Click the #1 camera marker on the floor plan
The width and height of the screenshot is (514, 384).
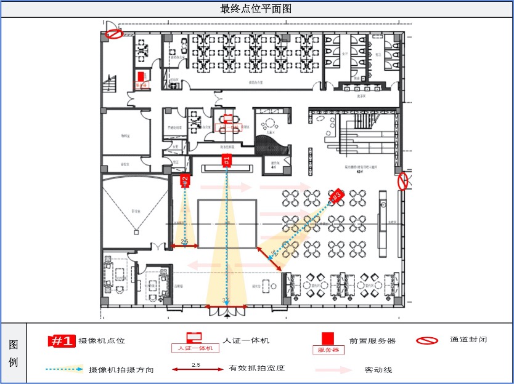pos(227,161)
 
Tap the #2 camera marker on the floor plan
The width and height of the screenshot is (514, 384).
pos(184,180)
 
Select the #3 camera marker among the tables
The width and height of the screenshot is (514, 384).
pos(336,196)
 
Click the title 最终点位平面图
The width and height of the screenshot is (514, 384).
pos(256,9)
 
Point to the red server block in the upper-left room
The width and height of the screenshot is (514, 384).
pos(141,76)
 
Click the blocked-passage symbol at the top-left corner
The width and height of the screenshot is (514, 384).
pos(113,33)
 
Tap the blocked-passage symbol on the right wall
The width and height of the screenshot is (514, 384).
pos(402,181)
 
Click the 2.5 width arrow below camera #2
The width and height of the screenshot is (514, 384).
pos(185,246)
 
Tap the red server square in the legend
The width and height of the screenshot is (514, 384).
pos(328,338)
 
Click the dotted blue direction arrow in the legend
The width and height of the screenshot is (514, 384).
pos(64,370)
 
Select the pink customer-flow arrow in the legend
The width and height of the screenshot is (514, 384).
pos(333,370)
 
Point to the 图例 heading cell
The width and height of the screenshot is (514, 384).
pos(14,353)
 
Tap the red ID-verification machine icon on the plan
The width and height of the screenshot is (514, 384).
pos(229,119)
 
